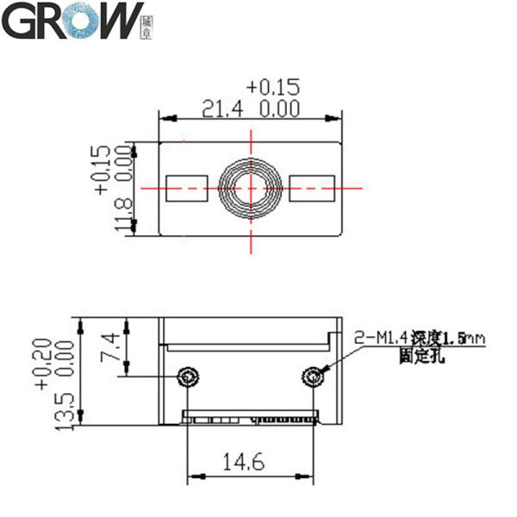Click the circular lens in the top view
251,187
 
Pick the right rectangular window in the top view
311,184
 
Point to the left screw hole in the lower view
187,376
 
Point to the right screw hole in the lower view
315,376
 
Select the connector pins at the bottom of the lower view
250,420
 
